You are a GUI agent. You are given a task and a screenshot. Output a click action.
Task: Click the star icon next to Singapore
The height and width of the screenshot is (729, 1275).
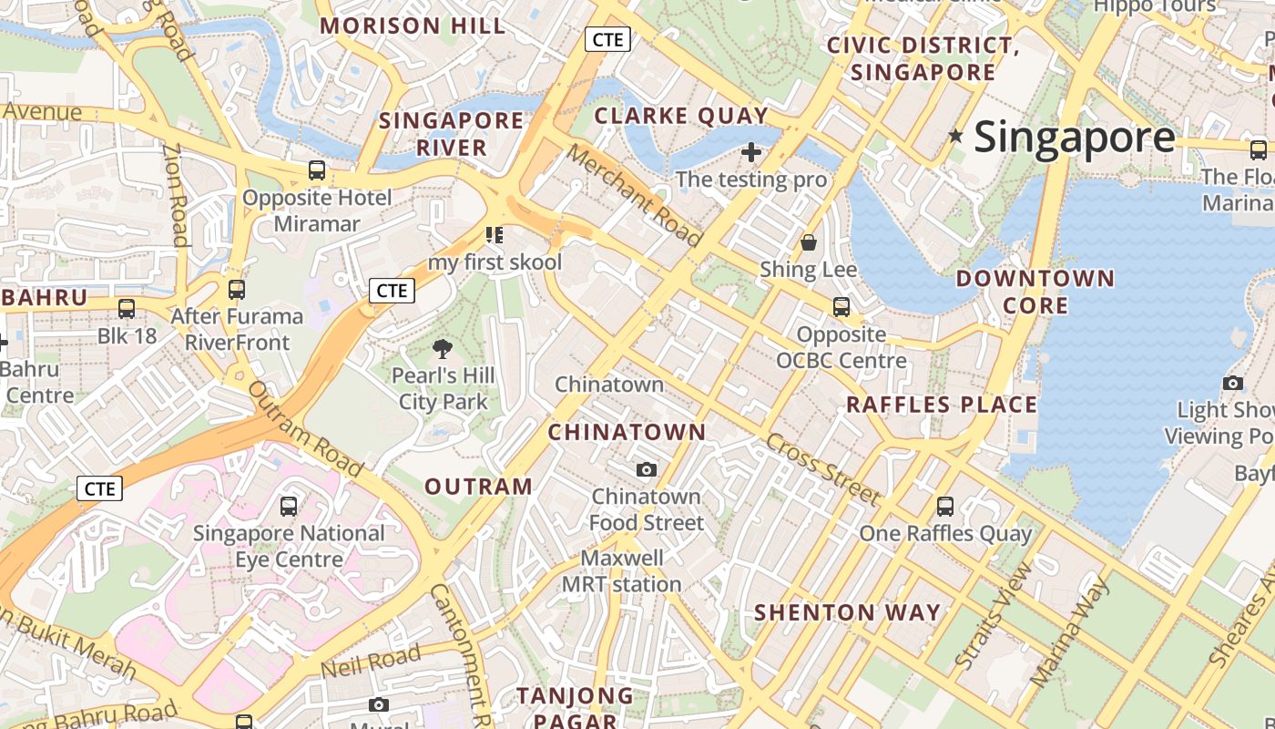(955, 137)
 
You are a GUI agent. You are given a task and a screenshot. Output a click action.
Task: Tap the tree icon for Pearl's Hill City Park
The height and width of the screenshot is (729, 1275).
(443, 348)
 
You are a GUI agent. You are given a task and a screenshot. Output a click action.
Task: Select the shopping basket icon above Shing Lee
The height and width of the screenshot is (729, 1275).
(808, 242)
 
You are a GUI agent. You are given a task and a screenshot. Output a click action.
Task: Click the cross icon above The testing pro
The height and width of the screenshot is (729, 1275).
(751, 151)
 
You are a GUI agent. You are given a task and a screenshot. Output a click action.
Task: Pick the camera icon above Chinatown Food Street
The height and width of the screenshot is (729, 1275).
(647, 469)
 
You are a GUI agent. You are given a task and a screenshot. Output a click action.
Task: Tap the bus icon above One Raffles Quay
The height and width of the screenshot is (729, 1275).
(945, 506)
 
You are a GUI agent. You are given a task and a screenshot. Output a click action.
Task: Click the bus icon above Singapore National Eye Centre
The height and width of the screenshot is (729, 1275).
(289, 506)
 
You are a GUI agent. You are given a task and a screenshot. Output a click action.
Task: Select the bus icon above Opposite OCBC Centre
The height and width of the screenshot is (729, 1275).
(841, 307)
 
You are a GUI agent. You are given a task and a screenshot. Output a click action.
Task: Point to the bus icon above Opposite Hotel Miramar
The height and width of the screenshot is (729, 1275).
(317, 170)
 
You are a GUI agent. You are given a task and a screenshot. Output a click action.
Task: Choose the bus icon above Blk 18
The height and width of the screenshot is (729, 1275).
(127, 309)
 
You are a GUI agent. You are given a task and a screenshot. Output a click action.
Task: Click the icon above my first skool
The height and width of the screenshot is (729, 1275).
(495, 236)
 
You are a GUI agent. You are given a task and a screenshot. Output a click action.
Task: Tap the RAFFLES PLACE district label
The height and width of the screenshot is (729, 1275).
(942, 405)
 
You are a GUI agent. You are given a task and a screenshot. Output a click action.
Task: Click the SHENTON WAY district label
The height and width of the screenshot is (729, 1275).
(847, 612)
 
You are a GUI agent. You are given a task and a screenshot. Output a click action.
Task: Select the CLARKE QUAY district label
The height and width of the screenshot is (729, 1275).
(681, 116)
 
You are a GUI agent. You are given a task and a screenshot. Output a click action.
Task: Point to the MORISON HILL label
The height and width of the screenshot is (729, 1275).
(413, 26)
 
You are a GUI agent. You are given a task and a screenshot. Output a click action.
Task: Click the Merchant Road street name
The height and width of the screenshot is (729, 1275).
(636, 195)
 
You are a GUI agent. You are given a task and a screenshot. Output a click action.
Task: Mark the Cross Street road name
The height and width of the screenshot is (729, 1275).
(823, 469)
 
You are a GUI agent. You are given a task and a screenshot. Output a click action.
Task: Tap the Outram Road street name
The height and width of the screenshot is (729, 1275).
(306, 428)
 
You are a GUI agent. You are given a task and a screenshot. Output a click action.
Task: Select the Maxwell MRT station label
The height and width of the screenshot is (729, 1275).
(621, 570)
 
